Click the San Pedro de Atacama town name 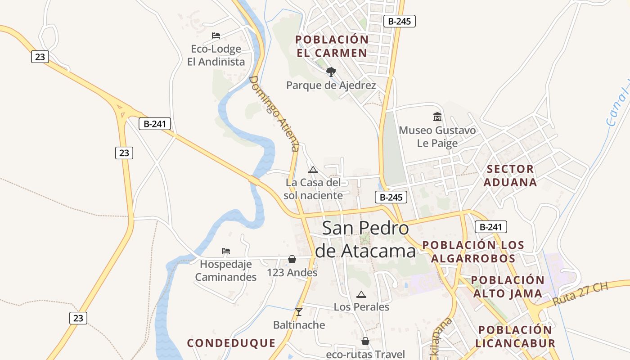click(x=365, y=240)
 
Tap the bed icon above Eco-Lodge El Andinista click(x=216, y=35)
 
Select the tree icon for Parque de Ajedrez click(x=331, y=72)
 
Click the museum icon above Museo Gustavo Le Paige click(x=437, y=117)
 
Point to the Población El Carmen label click(x=332, y=46)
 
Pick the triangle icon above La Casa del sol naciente click(x=313, y=170)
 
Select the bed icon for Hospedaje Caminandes click(x=226, y=251)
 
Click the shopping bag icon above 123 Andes click(x=292, y=259)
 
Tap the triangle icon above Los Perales click(x=361, y=294)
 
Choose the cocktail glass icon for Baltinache click(x=298, y=311)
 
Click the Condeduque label click(x=231, y=343)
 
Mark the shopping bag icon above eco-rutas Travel click(x=365, y=341)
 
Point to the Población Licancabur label click(x=515, y=336)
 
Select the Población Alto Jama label click(x=508, y=287)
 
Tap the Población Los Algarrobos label click(x=473, y=252)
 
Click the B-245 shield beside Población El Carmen click(x=400, y=21)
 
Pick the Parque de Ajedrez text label click(x=331, y=85)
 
